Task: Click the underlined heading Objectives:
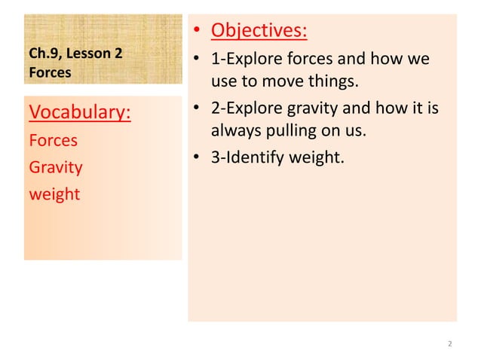(x=259, y=31)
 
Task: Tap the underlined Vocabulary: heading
(x=79, y=113)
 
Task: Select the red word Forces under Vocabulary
(x=53, y=140)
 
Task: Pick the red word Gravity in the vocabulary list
(x=55, y=166)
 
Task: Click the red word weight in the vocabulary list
(x=54, y=194)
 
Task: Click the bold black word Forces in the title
(x=49, y=73)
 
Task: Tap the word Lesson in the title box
(x=90, y=53)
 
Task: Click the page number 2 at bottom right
(x=449, y=344)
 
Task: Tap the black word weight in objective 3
(x=322, y=157)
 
